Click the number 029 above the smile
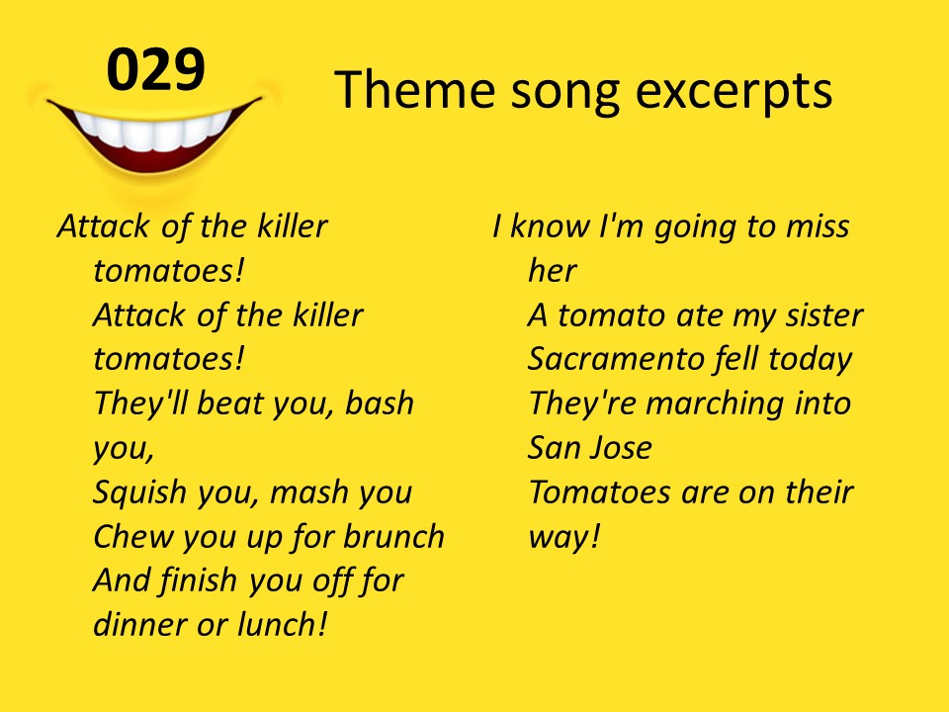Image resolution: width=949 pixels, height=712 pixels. click(156, 69)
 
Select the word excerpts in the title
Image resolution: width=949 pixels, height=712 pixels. click(733, 92)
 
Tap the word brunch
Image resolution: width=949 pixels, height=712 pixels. click(394, 536)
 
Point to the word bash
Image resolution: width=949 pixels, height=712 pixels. click(380, 402)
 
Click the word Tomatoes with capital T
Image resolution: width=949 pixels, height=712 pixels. click(600, 491)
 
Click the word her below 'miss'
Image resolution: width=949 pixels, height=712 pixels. click(553, 270)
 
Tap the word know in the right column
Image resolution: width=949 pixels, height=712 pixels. click(550, 225)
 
